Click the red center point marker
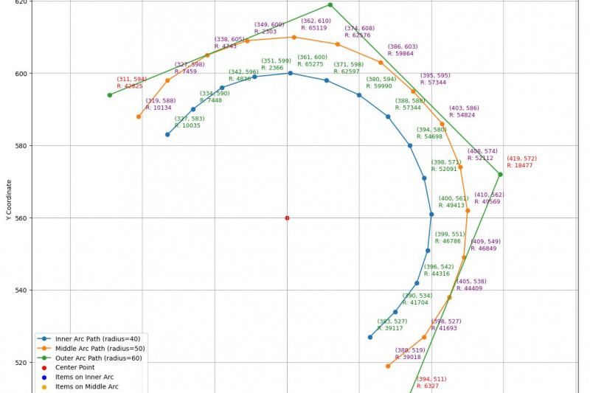pos(287,218)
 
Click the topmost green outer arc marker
pos(330,5)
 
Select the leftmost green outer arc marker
pos(109,95)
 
